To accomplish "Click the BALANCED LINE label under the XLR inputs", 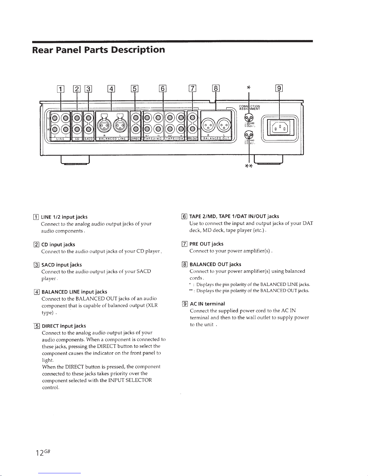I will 112,139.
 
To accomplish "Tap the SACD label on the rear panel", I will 88,139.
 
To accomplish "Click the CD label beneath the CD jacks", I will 77,139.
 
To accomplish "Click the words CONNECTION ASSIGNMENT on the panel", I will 249,108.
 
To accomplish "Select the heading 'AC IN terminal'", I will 207,304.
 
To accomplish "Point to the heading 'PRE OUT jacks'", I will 206,244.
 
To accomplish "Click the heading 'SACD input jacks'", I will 62,265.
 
